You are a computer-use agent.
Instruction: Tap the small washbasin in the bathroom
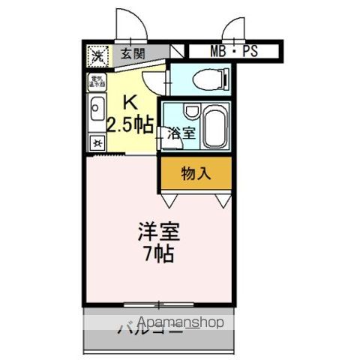tap(190, 112)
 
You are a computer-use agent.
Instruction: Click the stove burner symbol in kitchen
tap(97, 142)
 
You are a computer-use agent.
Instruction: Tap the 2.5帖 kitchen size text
tap(130, 124)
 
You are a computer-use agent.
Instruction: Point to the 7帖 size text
tap(157, 255)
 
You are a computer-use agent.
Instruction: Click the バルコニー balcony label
tap(142, 329)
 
